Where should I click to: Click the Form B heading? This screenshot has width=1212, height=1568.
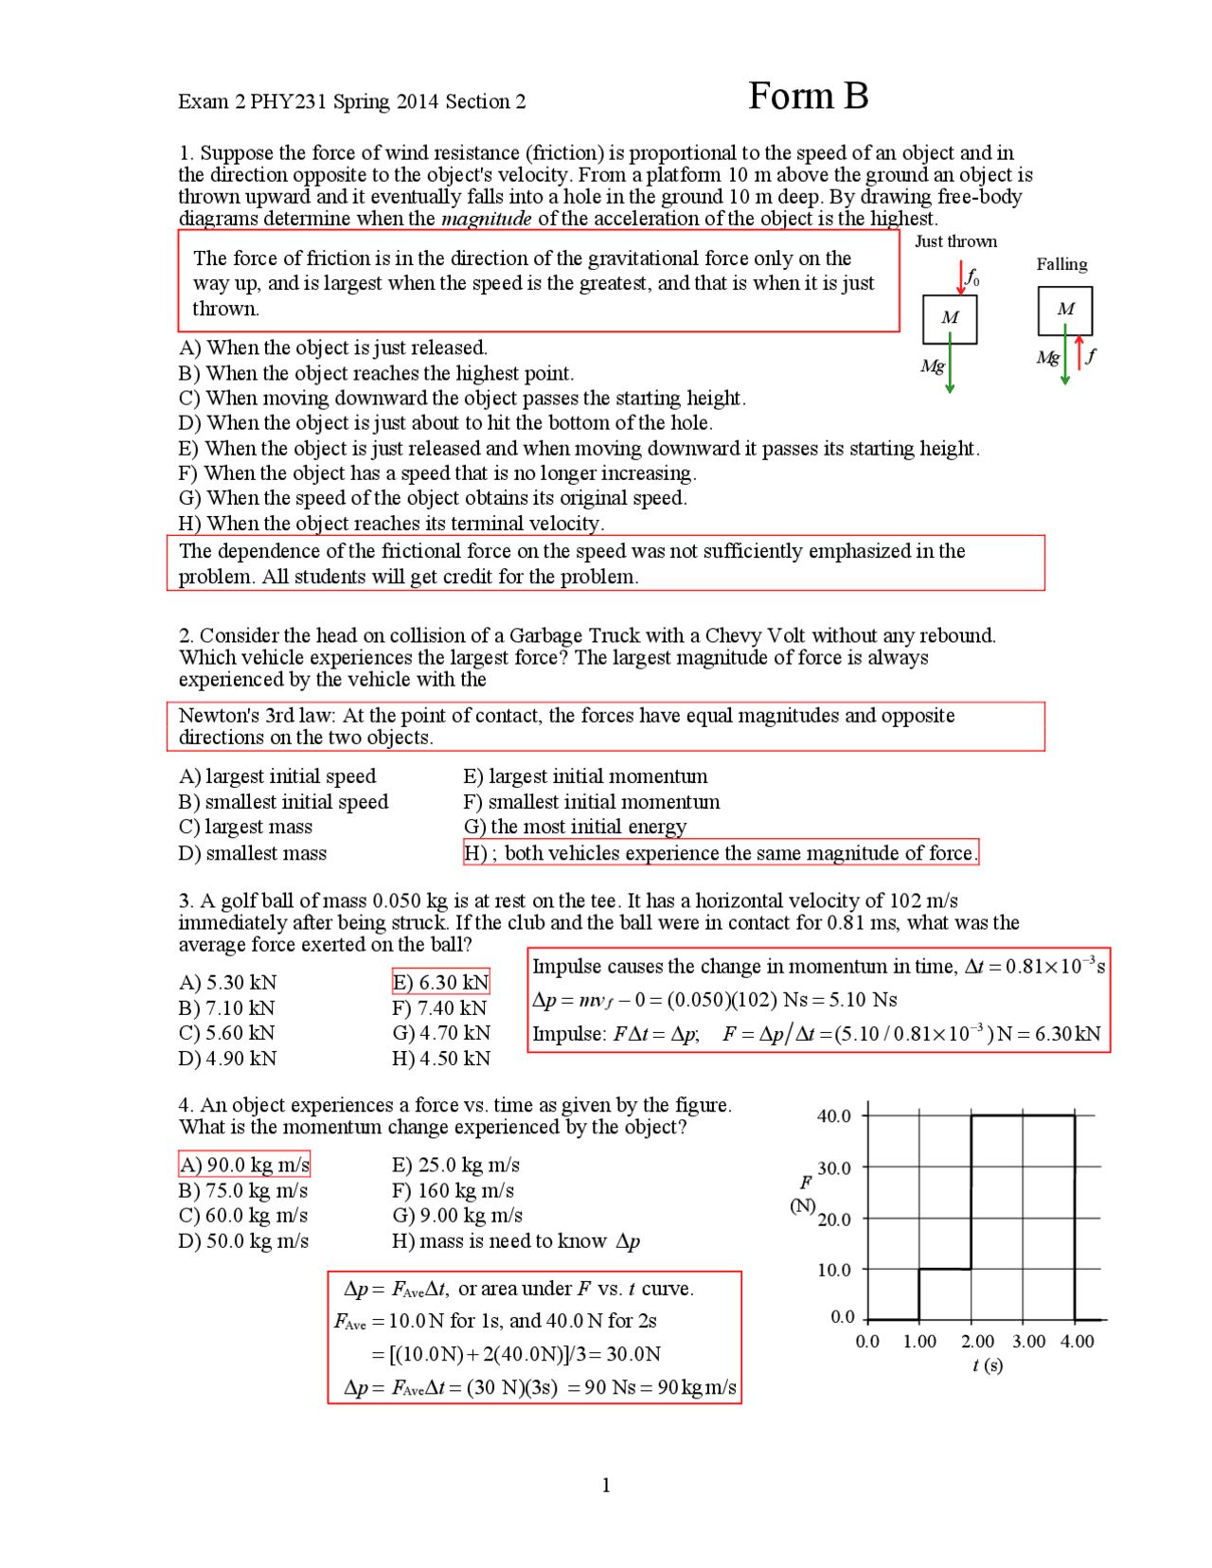tap(808, 97)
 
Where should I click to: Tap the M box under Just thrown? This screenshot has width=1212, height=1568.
tap(950, 318)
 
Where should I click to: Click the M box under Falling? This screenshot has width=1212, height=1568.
tap(1065, 310)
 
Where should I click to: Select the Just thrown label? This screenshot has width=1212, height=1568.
tap(955, 241)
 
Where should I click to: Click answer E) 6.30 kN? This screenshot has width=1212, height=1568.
tap(440, 983)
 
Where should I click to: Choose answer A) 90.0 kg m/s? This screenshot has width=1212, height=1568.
tap(244, 1165)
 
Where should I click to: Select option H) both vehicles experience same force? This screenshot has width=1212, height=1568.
tap(720, 853)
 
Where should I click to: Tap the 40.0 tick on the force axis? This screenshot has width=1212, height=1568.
tap(834, 1116)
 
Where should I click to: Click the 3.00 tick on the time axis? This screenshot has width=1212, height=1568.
tap(1028, 1342)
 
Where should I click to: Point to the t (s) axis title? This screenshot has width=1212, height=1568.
tap(988, 1365)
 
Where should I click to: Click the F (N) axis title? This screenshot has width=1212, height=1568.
tap(804, 1193)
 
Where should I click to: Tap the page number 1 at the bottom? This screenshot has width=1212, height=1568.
tap(606, 1486)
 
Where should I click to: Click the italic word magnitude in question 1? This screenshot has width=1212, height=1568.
tap(487, 219)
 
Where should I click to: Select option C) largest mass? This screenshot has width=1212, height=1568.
tap(245, 827)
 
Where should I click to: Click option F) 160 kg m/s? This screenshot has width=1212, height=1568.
tap(453, 1191)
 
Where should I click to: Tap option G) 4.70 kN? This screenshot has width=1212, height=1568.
tap(441, 1033)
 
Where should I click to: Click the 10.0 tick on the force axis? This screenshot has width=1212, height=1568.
tap(834, 1270)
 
